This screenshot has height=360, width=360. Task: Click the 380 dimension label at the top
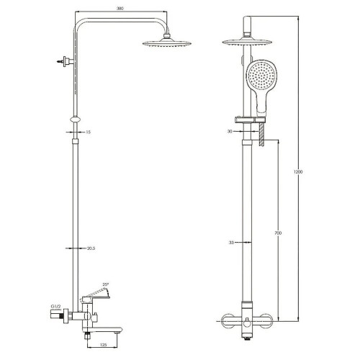pos(120,9)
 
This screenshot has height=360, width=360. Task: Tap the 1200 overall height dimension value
pos(298,172)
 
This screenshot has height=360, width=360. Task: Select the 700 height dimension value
pos(278,233)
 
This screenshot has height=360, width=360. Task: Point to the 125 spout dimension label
pos(103,345)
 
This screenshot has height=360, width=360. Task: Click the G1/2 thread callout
pos(55,306)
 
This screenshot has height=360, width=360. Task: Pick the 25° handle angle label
pos(106,284)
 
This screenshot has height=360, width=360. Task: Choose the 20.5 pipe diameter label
pos(91,248)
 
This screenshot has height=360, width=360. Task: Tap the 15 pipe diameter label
pos(88,132)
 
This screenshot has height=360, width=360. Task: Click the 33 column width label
pos(231,243)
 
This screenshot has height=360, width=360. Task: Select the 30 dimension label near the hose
pos(230,132)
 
